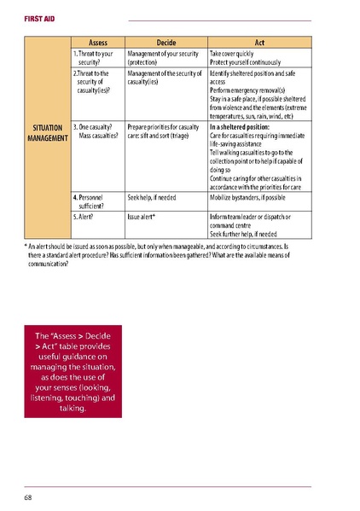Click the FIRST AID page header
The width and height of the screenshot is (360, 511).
click(x=38, y=17)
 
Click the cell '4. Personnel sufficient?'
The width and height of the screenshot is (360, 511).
click(x=92, y=201)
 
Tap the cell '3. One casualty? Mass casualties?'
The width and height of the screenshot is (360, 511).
click(x=95, y=132)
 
